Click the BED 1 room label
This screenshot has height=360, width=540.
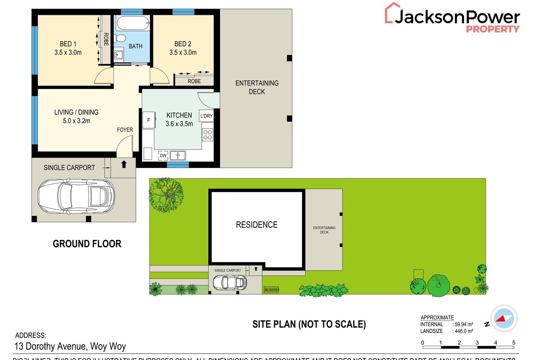point(68,44)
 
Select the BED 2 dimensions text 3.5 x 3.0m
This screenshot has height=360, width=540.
point(183,53)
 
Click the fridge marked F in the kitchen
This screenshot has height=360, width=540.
point(148,120)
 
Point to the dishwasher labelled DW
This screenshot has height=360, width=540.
point(163,155)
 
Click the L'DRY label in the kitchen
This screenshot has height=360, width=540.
point(206,116)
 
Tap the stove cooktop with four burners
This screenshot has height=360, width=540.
point(207,135)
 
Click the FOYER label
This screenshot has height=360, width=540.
point(125,130)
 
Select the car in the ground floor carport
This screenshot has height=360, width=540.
point(76,196)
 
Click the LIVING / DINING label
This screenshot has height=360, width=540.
point(76,112)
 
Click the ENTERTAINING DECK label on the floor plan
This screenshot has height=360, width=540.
point(256,87)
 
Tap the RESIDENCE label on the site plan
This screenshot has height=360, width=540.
point(256,225)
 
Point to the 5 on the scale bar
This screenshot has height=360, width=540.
point(514,343)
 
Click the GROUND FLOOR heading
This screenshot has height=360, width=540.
point(87,244)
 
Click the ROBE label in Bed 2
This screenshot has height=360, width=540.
point(194,81)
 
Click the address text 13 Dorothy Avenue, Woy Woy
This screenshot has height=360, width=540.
point(71,346)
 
